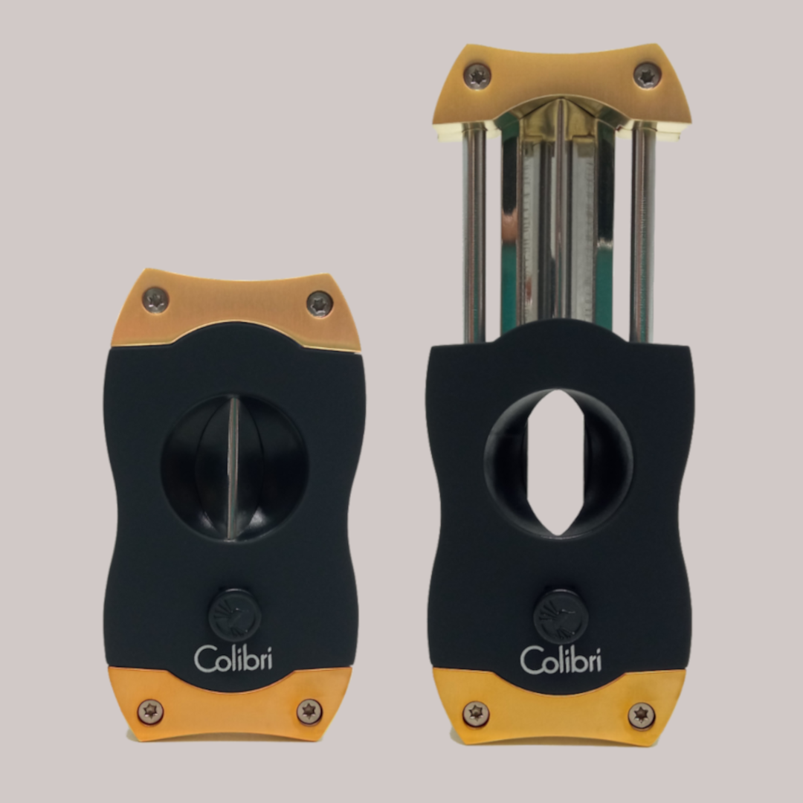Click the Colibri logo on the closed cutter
click(x=233, y=658)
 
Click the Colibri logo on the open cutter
click(x=560, y=660)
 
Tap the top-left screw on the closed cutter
click(x=155, y=300)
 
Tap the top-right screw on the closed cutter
click(x=320, y=303)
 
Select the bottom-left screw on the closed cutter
click(x=151, y=712)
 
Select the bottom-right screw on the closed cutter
click(x=309, y=712)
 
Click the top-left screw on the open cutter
click(x=477, y=75)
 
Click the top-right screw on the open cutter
click(x=648, y=76)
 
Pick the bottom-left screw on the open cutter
click(x=476, y=714)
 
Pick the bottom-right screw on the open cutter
click(x=641, y=715)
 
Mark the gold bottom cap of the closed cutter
click(x=230, y=710)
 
